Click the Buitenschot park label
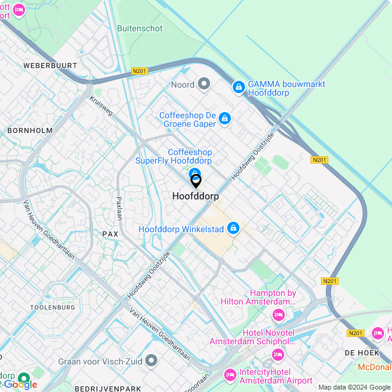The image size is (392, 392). tap(140, 28)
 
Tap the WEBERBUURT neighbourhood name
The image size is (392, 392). tap(50, 65)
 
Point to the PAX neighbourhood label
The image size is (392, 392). tap(110, 234)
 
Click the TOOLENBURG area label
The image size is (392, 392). tap(54, 307)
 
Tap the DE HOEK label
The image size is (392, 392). tap(359, 353)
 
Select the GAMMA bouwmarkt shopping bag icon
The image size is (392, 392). tap(238, 89)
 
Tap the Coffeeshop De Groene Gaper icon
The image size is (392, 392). tap(225, 118)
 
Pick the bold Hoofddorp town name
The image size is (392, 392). tap(196, 197)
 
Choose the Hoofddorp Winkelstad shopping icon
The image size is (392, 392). tap(233, 229)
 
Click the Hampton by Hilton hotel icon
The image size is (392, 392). tap(279, 315)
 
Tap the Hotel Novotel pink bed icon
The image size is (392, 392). tap(278, 355)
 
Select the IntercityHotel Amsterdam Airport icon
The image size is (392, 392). tap(230, 374)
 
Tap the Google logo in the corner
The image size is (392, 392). tap(20, 383)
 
